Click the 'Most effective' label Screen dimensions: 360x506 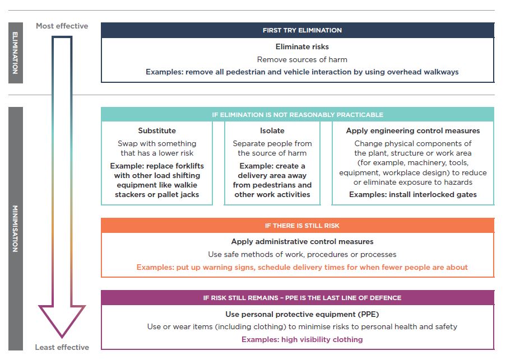[62, 26]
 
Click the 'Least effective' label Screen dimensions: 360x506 [62, 347]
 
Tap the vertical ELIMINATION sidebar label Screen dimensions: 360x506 [15, 53]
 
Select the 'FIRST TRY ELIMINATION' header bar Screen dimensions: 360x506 [298, 30]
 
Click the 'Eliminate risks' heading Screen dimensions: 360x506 [302, 47]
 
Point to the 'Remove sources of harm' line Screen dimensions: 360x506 [302, 59]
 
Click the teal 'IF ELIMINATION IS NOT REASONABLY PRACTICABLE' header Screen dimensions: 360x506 [298, 115]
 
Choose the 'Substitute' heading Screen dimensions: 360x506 [157, 130]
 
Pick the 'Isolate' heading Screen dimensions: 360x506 [272, 130]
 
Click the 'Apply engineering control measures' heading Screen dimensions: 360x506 [413, 130]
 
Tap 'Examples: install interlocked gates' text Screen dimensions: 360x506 [413, 194]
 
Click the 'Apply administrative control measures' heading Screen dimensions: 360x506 [302, 242]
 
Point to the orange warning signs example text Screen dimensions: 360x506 [302, 267]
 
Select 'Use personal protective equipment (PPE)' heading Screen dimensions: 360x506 [302, 314]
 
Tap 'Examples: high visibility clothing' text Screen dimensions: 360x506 [302, 339]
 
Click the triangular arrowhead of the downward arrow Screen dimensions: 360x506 [62, 321]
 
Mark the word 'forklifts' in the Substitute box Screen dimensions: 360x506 [188, 166]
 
